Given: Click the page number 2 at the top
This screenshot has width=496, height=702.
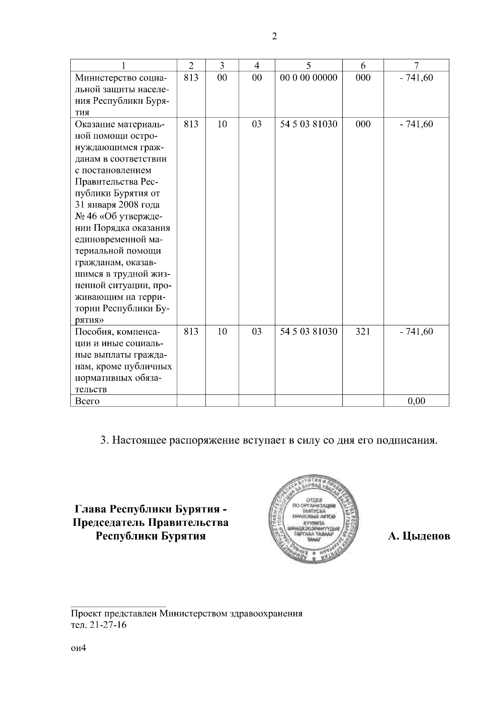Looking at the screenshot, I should click(x=274, y=37).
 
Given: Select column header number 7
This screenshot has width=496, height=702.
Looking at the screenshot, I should click(x=416, y=65).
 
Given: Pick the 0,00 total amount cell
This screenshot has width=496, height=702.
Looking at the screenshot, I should click(x=416, y=401).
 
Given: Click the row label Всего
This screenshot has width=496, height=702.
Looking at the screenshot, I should click(x=87, y=401).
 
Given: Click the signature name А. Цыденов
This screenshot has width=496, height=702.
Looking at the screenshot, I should click(x=419, y=536).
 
